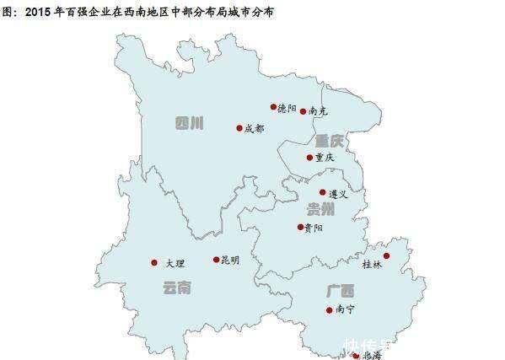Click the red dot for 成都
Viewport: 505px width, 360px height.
point(239,128)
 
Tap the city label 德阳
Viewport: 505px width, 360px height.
point(287,109)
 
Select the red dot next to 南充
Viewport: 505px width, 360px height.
point(305,110)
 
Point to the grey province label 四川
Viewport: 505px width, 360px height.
point(190,124)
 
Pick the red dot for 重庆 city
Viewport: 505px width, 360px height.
point(309,157)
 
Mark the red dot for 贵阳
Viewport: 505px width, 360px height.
point(300,227)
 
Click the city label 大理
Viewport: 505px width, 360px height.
point(175,263)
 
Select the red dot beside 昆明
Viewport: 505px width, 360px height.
point(216,260)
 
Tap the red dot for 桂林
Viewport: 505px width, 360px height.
point(387,255)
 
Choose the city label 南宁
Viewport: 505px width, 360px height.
point(345,310)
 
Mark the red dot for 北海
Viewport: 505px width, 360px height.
point(356,355)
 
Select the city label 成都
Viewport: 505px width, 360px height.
point(254,129)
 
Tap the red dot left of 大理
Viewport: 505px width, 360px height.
point(153,262)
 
